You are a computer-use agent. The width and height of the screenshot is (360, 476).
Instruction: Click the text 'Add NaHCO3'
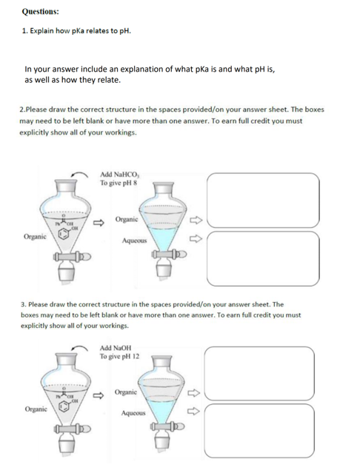pyautogui.click(x=119, y=175)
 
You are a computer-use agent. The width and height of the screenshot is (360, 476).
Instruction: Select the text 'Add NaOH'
pyautogui.click(x=116, y=348)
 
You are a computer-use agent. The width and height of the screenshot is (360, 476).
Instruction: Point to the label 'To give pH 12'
pyautogui.click(x=121, y=356)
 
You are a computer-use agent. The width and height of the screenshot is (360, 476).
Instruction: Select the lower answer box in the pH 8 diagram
pyautogui.click(x=262, y=251)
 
